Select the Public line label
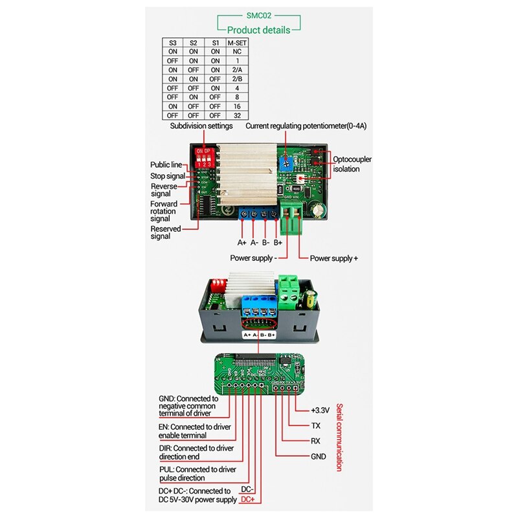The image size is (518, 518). (166, 164)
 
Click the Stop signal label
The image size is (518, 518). (167, 175)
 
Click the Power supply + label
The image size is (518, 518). (333, 258)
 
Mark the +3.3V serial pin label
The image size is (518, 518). (320, 410)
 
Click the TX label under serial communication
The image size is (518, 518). (316, 425)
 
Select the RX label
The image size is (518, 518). (316, 441)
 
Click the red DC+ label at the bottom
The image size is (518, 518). (247, 500)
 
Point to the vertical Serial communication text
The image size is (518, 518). (338, 444)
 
